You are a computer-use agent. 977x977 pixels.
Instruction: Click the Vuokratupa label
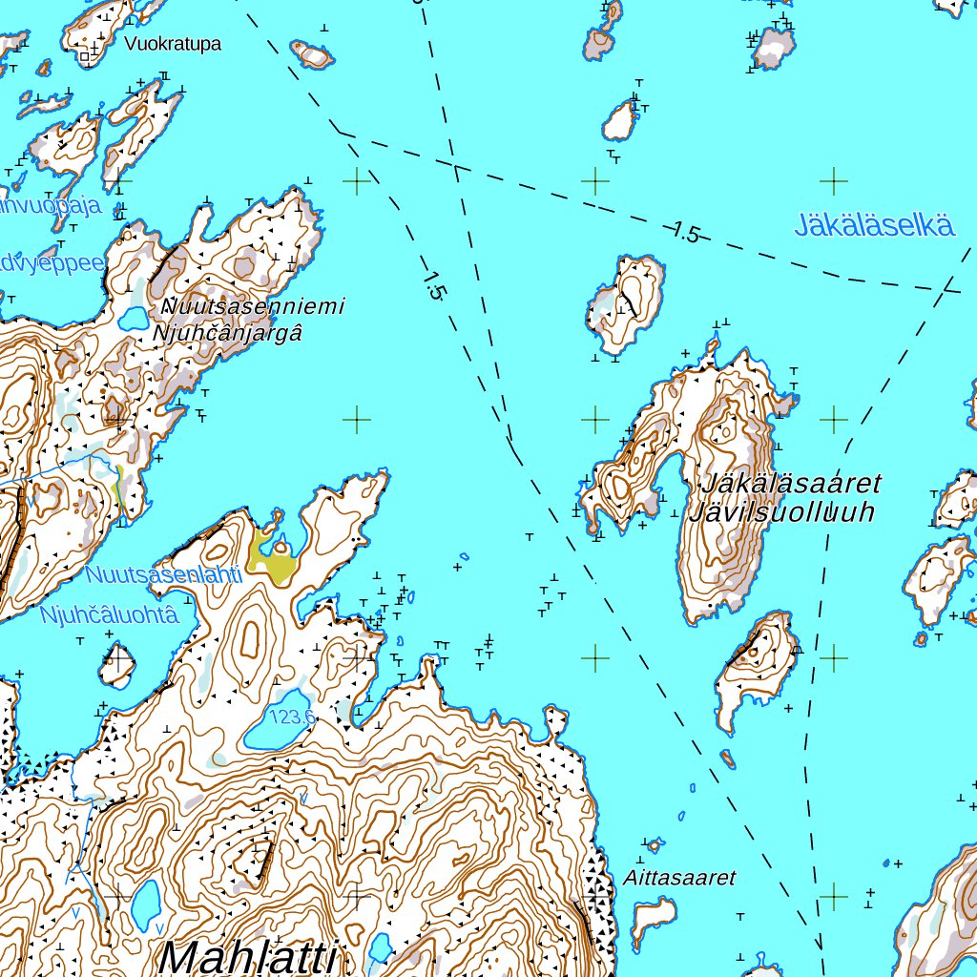(x=173, y=44)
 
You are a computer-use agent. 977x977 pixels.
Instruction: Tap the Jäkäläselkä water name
(x=874, y=226)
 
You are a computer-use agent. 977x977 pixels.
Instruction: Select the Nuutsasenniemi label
(x=254, y=307)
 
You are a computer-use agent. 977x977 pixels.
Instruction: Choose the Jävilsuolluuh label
(x=780, y=512)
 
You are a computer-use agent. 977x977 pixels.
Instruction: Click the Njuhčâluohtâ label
(x=109, y=615)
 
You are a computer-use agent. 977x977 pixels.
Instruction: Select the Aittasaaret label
(x=680, y=878)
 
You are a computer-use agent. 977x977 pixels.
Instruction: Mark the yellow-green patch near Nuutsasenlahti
(x=272, y=564)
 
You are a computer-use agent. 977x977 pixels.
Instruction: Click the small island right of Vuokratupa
(x=313, y=54)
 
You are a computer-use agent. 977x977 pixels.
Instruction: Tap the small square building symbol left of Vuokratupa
(x=85, y=57)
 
